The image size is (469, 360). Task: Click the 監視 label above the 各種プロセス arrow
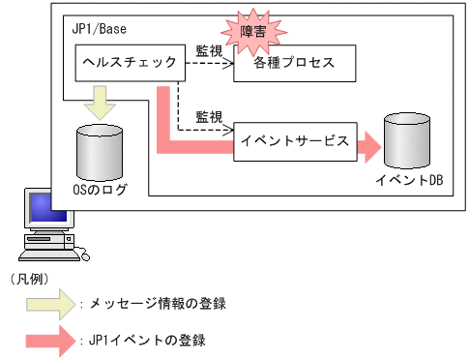tap(209, 48)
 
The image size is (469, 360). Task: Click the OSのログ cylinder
tap(98, 151)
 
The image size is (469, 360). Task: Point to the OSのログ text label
tap(100, 190)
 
